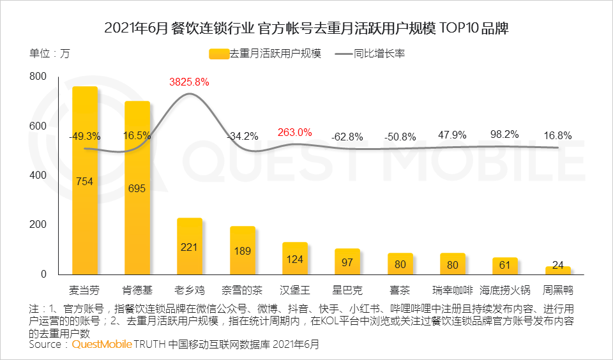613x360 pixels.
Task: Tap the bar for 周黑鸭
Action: tap(557, 271)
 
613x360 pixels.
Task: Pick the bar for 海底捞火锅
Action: tap(504, 266)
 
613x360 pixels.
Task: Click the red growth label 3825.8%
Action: tap(189, 82)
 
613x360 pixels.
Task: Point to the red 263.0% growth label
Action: tap(294, 133)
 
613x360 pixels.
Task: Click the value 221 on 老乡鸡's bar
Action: tap(189, 247)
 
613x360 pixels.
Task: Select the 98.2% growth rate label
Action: tap(504, 135)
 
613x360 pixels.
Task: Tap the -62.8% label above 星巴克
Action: tap(347, 137)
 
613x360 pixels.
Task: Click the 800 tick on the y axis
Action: tap(38, 77)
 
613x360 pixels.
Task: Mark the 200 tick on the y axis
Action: tap(38, 225)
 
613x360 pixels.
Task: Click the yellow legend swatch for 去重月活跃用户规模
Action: tap(218, 54)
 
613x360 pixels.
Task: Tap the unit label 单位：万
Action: tap(49, 54)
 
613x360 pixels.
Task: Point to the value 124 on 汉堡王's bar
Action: tap(294, 259)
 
